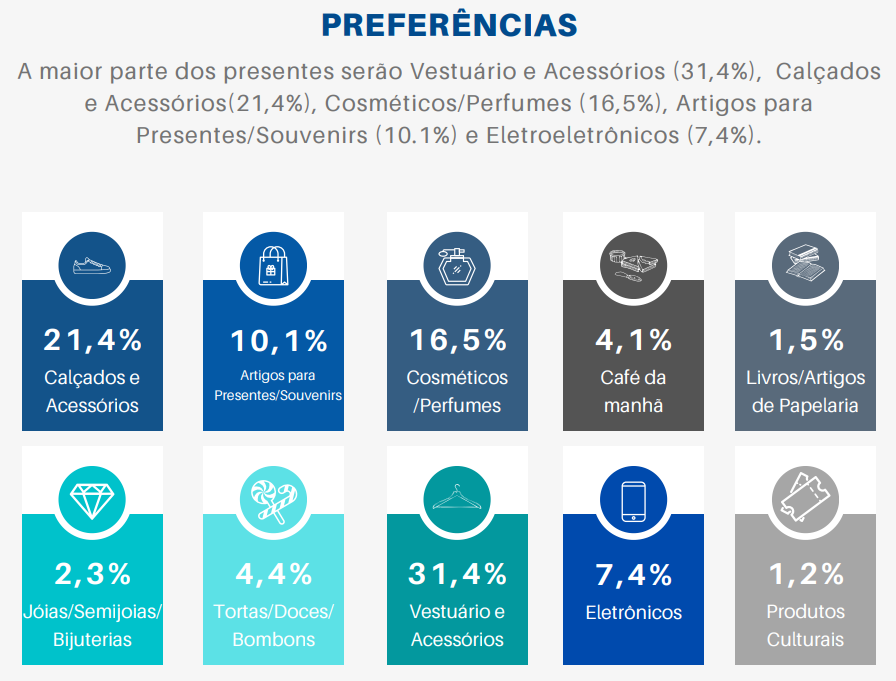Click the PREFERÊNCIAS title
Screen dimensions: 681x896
(x=449, y=25)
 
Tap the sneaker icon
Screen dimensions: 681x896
(x=92, y=267)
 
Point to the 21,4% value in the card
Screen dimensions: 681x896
(x=92, y=340)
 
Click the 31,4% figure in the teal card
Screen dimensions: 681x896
(x=457, y=574)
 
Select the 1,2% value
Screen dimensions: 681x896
(x=805, y=574)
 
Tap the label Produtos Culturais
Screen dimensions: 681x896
(x=805, y=625)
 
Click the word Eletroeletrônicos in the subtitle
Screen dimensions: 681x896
(x=580, y=135)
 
